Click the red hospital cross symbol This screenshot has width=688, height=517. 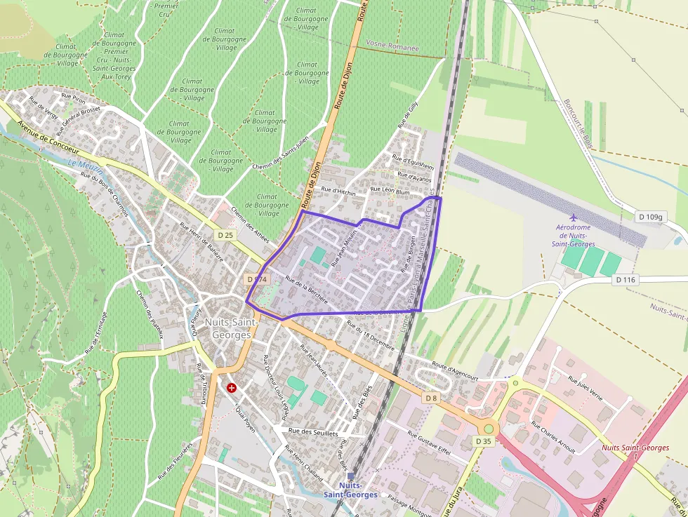[x=231, y=387]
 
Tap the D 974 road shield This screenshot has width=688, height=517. [x=258, y=279]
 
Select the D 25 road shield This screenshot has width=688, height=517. [x=225, y=235]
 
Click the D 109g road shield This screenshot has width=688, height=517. [x=651, y=217]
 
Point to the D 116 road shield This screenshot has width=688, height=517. [x=625, y=280]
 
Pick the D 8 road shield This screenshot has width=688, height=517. [x=431, y=398]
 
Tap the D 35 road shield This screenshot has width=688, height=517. [x=483, y=441]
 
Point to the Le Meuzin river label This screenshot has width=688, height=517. [x=86, y=167]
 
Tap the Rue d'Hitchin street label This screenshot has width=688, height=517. [x=338, y=192]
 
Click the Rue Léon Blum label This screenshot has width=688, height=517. [x=390, y=190]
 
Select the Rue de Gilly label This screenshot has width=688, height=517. [x=407, y=115]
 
